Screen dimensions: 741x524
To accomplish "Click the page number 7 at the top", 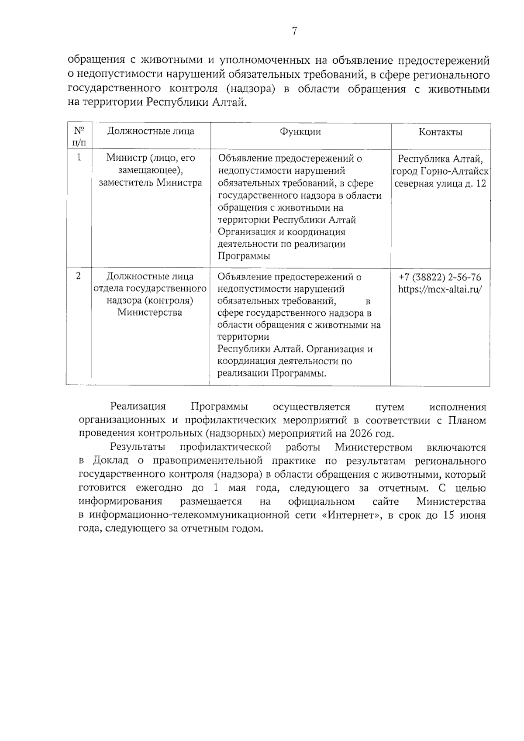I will (x=294, y=31).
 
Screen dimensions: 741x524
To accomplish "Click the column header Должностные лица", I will (x=151, y=131).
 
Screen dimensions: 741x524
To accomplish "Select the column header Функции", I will (x=300, y=132).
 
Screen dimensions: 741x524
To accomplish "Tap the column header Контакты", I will (x=440, y=132).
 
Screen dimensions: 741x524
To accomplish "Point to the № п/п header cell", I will (x=79, y=136).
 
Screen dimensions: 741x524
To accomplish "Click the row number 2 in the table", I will (x=79, y=276).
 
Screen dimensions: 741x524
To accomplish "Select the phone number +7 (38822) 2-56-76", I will (x=440, y=277).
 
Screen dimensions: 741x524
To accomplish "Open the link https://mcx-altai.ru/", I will (x=440, y=289).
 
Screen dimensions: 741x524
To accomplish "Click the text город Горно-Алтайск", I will (x=440, y=171).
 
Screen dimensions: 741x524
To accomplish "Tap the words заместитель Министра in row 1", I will (x=151, y=183).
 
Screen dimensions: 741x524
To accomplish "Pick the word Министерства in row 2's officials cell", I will (x=150, y=313).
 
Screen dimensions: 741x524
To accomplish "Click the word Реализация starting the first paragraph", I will (x=138, y=407).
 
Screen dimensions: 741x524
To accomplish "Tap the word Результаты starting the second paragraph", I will (x=138, y=448).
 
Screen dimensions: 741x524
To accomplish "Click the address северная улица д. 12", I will (x=440, y=183).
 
